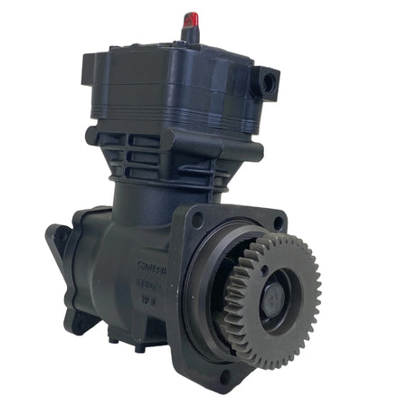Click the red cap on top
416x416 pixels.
pos(191,19)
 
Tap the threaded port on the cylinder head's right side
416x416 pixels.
pos(269,83)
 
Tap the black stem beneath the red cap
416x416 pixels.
pos(190,34)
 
